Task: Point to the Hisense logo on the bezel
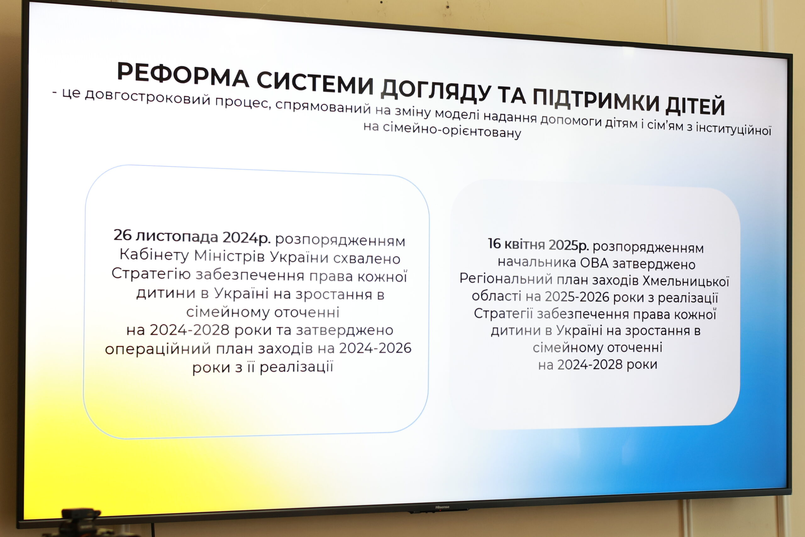coord(442,507)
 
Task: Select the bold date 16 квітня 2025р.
coord(538,244)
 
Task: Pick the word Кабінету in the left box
coord(154,255)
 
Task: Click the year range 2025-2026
coord(577,297)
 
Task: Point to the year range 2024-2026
coord(375,348)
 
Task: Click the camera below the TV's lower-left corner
coord(80,522)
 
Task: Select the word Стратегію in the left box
coord(151,274)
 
